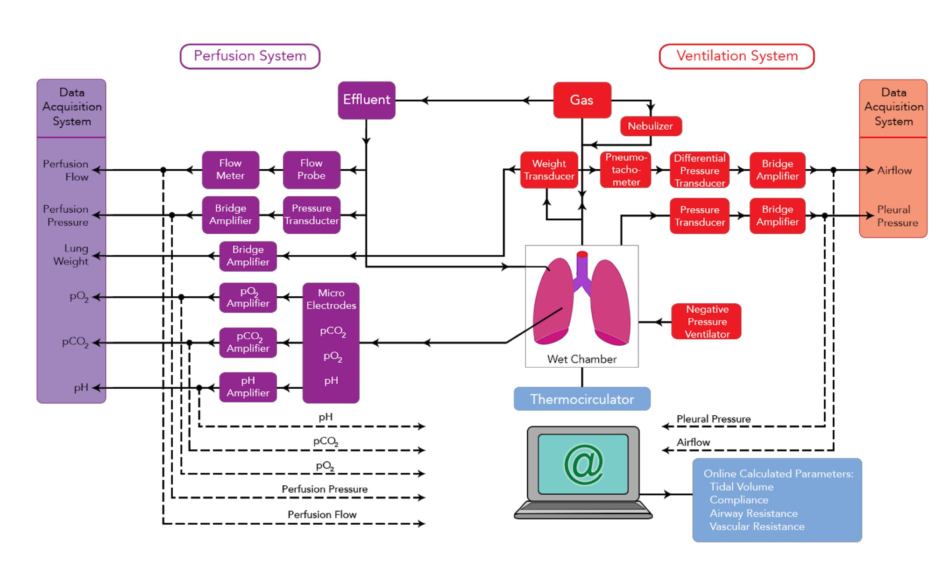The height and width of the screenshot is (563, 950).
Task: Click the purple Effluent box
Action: pos(366,100)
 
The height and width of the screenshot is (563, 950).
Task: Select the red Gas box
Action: pos(582,100)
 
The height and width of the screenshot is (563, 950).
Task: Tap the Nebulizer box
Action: pos(650,126)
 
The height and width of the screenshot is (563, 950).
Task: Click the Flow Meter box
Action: pos(230,170)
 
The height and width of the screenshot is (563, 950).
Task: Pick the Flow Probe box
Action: pos(311,170)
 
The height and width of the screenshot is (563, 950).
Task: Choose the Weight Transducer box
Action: pos(549,170)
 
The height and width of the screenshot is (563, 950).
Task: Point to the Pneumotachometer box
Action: pos(626,170)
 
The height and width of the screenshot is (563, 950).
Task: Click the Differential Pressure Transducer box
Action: pos(699,170)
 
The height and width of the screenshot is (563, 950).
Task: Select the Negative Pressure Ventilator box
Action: pos(707,322)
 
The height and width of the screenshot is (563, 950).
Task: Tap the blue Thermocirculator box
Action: pos(582,399)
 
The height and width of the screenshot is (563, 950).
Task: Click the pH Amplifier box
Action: pos(248,387)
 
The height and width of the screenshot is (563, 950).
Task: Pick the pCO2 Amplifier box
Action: pos(248,342)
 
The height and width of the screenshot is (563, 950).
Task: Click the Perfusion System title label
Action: pos(250,56)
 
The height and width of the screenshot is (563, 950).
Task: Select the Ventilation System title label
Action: pos(736,56)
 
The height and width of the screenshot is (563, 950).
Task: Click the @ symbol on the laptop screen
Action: pos(583,464)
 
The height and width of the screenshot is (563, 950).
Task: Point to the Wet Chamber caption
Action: pos(582,359)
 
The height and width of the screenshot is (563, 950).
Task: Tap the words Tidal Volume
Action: pos(741,487)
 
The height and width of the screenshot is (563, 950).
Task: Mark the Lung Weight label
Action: pos(71,255)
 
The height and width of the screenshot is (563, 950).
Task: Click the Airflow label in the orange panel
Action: pos(894,170)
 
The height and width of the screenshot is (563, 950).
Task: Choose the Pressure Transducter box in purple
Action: pos(311,215)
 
